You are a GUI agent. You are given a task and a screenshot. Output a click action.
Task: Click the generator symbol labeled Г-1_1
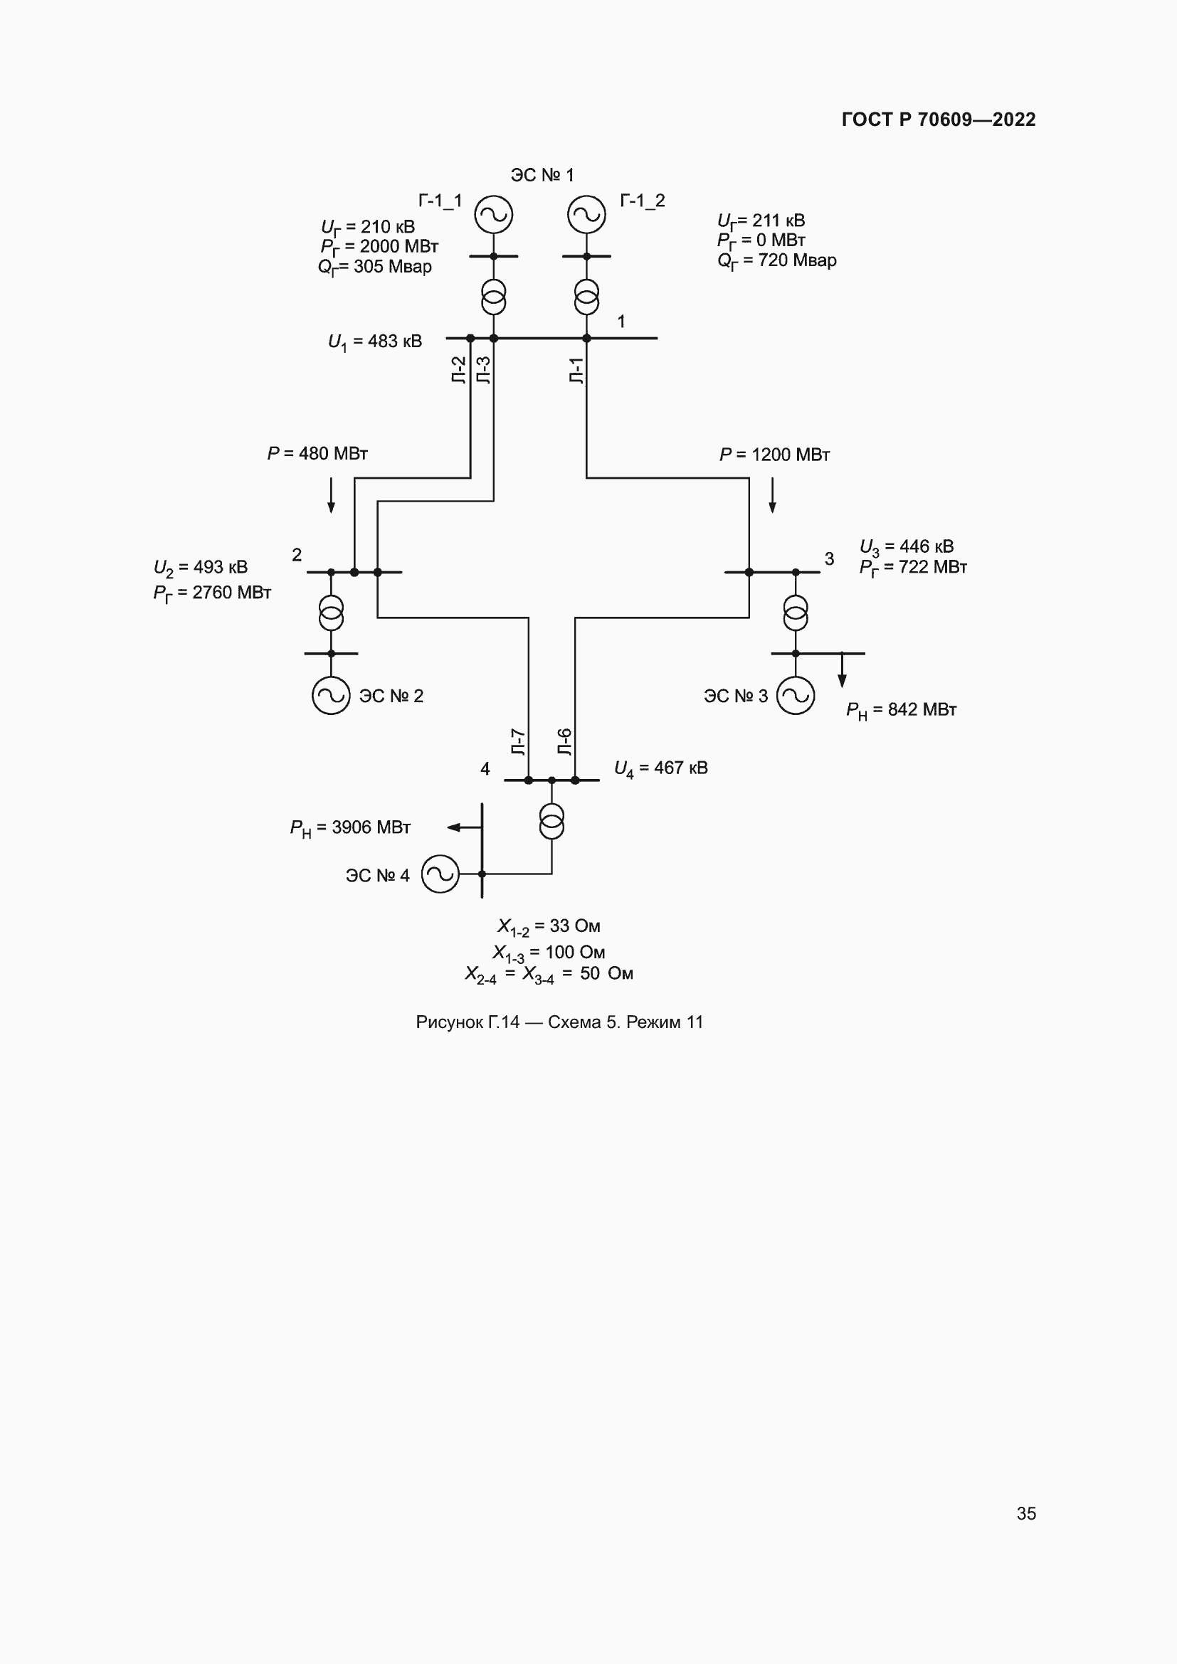pyautogui.click(x=494, y=215)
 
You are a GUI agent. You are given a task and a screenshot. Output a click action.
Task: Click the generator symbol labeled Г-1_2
pyautogui.click(x=586, y=215)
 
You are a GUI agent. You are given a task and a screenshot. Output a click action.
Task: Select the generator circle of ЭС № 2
pyautogui.click(x=331, y=695)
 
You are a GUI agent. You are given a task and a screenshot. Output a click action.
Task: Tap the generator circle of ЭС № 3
pyautogui.click(x=795, y=695)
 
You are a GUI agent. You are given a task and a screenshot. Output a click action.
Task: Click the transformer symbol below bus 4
pyautogui.click(x=551, y=821)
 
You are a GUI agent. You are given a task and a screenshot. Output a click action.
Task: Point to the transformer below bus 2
pyautogui.click(x=331, y=613)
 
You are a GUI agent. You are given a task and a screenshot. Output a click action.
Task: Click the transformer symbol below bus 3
pyautogui.click(x=795, y=613)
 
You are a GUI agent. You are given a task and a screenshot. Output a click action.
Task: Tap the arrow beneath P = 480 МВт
pyautogui.click(x=331, y=495)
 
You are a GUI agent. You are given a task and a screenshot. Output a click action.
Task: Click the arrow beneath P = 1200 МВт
pyautogui.click(x=772, y=495)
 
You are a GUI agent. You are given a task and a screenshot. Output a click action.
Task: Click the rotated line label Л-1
pyautogui.click(x=576, y=371)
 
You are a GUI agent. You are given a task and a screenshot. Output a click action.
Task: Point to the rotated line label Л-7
pyautogui.click(x=518, y=741)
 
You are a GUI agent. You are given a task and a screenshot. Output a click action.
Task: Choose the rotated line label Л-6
pyautogui.click(x=564, y=741)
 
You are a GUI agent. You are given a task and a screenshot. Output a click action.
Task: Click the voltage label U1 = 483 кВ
pyautogui.click(x=375, y=341)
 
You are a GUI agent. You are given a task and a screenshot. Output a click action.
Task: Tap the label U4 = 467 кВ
pyautogui.click(x=660, y=768)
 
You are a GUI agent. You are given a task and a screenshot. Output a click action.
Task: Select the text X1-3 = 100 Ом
pyautogui.click(x=549, y=953)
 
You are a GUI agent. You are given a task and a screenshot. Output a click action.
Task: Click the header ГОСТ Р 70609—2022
pyautogui.click(x=939, y=120)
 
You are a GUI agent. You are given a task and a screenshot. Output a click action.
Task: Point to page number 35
pyautogui.click(x=1025, y=1513)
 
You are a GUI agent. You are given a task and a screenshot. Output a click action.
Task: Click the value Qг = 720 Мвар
pyautogui.click(x=776, y=260)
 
